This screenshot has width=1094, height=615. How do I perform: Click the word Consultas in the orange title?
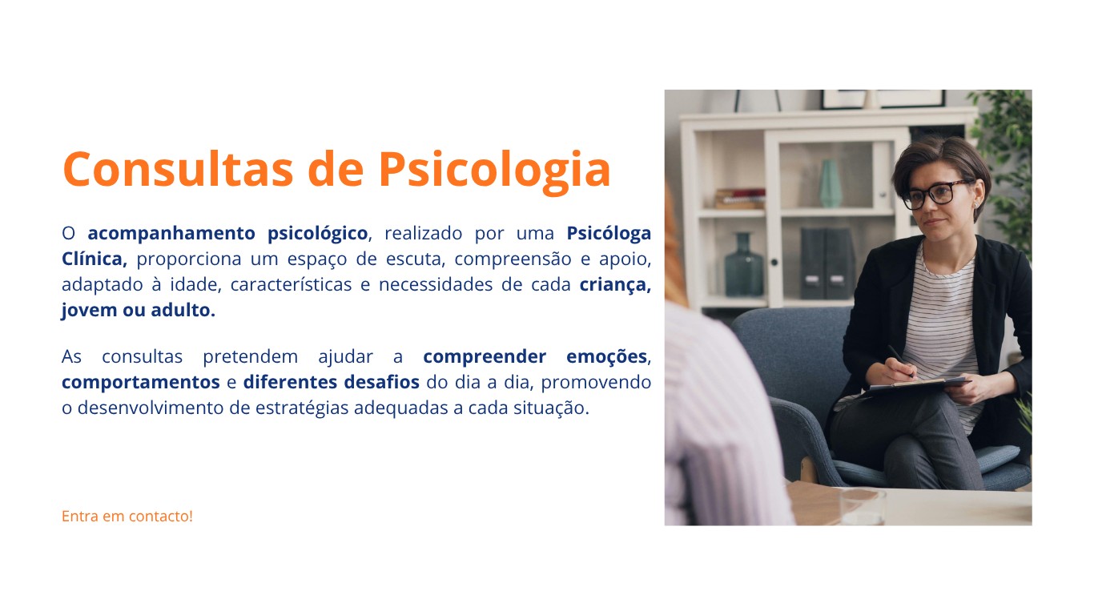pos(178,169)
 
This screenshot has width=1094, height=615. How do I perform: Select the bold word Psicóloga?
pos(609,234)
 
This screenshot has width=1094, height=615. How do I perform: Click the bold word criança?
pos(615,285)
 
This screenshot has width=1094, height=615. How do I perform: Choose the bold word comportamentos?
pos(141,383)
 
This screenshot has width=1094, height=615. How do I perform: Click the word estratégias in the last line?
pos(302,408)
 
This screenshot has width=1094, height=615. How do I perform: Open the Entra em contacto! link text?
pos(127,517)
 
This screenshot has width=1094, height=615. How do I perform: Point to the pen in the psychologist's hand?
pos(900,360)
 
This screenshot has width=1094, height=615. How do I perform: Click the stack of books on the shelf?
pos(740,199)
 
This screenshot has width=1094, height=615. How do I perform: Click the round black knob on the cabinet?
pos(774,263)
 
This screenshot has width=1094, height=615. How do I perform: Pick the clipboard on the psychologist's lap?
pos(912,387)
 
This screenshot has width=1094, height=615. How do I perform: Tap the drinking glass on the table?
pos(862,507)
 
